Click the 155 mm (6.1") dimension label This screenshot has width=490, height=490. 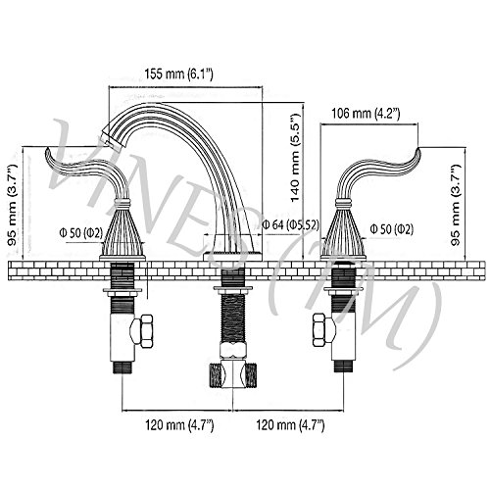pos(178,74)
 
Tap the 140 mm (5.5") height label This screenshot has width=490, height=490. pos(295,158)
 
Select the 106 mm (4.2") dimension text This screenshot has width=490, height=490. pos(366,114)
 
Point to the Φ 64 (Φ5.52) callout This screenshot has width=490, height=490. pos(290,224)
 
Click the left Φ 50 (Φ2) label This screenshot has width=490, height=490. pos(81,233)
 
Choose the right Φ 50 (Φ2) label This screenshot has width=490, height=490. pos(392,229)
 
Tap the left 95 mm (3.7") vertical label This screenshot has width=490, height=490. pos(13,205)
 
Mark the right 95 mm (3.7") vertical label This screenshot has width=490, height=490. pos(455,205)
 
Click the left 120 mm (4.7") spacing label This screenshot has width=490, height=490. pos(179,425)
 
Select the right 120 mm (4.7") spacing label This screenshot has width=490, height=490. pos(290,425)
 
